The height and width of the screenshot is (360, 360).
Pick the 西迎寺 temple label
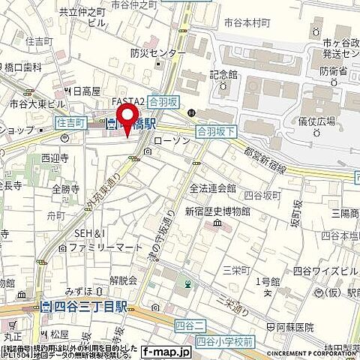(55, 159)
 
